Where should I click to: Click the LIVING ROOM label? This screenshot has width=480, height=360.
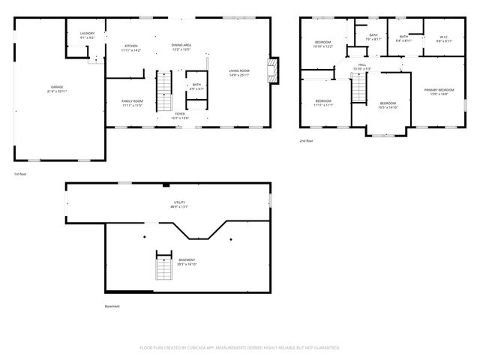pos(239,72)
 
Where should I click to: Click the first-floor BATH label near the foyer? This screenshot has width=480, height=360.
pos(196,85)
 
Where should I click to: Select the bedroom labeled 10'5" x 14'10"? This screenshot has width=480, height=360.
pos(387,105)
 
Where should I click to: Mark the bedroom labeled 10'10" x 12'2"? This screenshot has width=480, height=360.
pos(322,43)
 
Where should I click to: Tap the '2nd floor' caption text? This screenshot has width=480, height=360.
pos(307,141)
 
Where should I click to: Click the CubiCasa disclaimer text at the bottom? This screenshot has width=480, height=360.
pos(240,347)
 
